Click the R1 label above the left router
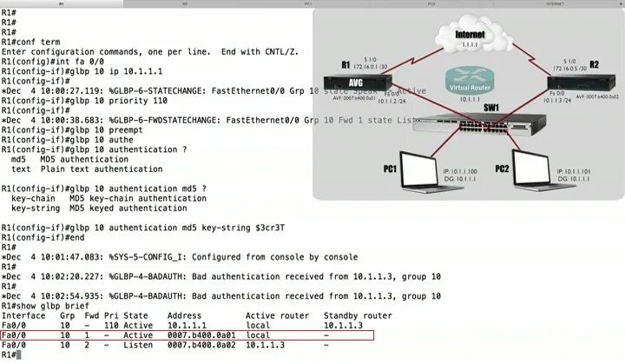click(x=345, y=64)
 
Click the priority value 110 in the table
click(x=110, y=325)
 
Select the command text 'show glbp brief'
click(x=62, y=305)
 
